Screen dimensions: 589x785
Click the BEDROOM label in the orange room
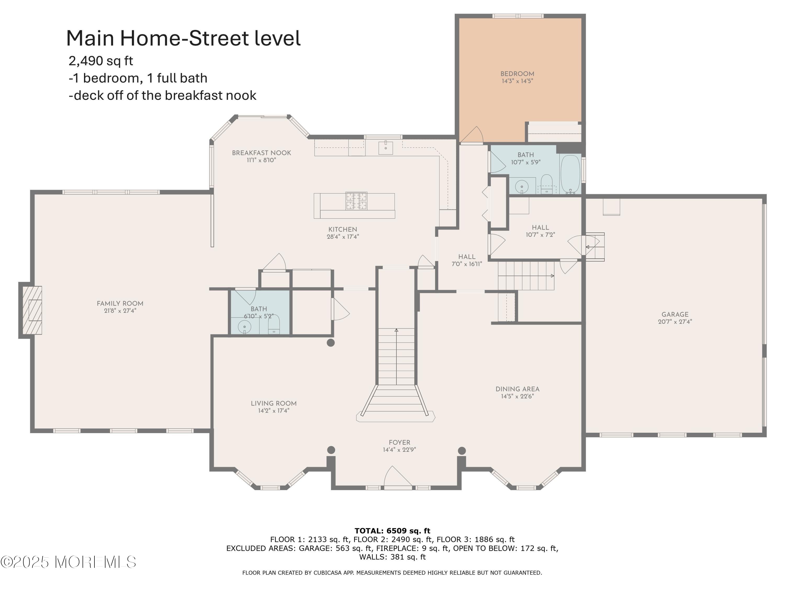(517, 74)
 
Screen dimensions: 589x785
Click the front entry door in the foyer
(398, 478)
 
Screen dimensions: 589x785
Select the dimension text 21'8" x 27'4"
(120, 311)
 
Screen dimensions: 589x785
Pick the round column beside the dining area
(462, 451)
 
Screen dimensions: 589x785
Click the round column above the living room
(331, 343)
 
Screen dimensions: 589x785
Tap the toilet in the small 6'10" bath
(274, 325)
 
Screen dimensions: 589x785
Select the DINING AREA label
(517, 389)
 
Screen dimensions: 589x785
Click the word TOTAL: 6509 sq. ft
(392, 531)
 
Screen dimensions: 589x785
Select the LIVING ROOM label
(274, 403)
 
